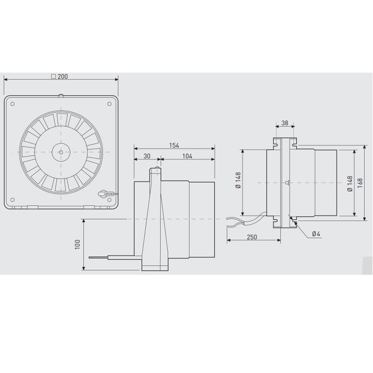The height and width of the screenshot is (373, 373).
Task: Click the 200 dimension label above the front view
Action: tap(62, 76)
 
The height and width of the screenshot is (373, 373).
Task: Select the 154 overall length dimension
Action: tap(174, 145)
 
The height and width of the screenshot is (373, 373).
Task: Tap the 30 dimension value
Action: tap(147, 156)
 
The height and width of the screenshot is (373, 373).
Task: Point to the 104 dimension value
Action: tap(187, 156)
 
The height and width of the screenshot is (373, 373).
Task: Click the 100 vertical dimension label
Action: tap(78, 244)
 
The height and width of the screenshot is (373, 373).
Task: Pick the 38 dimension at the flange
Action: tap(285, 123)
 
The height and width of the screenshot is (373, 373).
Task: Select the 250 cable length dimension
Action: tap(252, 237)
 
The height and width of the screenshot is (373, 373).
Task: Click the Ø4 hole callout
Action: tap(316, 234)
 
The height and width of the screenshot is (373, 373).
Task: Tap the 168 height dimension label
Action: tap(360, 182)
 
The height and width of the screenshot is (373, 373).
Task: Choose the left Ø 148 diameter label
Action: tap(238, 180)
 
